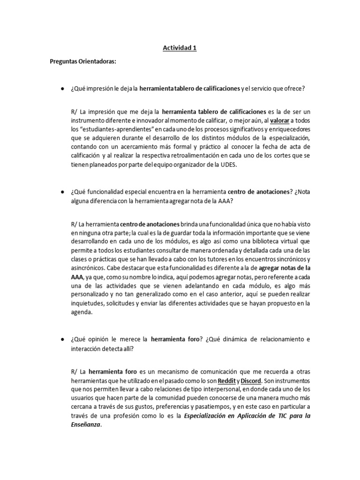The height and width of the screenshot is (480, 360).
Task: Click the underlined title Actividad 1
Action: [180, 47]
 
